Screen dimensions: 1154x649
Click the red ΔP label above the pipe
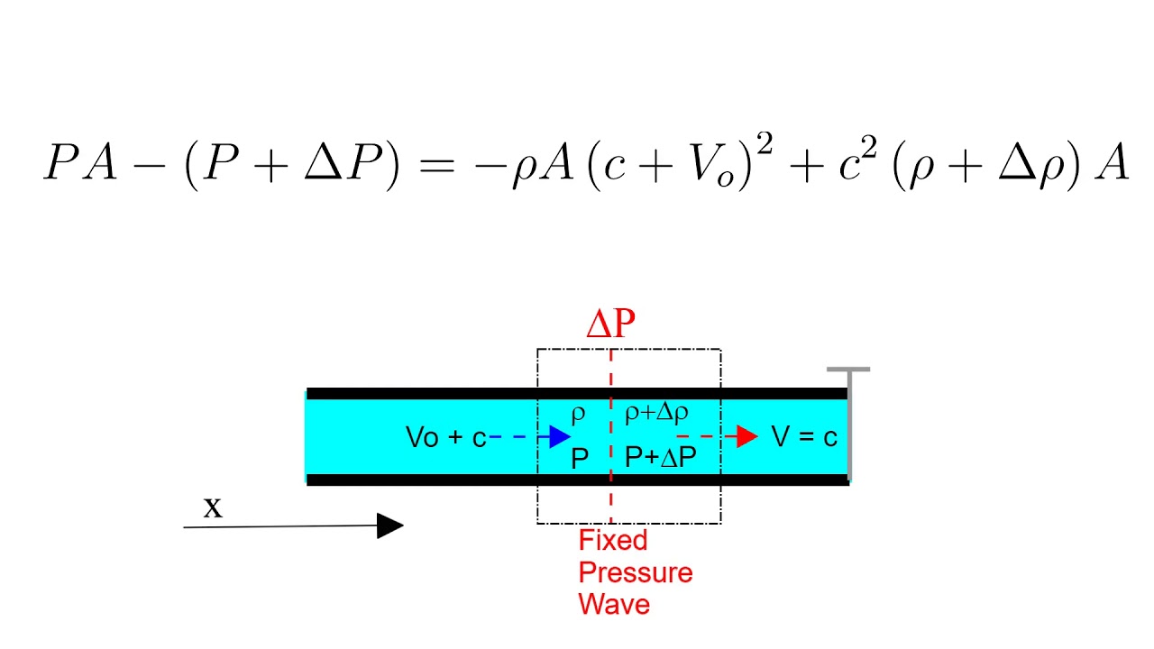pos(611,324)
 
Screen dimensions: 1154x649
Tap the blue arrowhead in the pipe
pos(560,437)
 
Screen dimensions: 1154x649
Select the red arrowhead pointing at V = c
pos(747,437)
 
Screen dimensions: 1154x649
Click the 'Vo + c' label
pos(446,437)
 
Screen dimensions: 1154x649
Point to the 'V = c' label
pos(804,437)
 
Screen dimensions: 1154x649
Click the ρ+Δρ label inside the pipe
pos(656,413)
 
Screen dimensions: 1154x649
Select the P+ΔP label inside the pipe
pos(661,457)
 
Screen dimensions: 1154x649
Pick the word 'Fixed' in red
pos(613,540)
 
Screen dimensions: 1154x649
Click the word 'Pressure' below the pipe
pos(636,572)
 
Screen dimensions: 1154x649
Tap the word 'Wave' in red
pos(614,604)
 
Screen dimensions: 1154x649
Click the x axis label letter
pos(213,507)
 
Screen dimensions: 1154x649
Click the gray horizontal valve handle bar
pos(848,370)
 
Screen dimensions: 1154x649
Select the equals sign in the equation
pos(437,166)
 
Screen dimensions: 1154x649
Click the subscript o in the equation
pos(726,178)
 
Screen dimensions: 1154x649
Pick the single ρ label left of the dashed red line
pos(579,414)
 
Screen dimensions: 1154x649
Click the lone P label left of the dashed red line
pos(580,458)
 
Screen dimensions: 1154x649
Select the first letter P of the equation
pos(62,161)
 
